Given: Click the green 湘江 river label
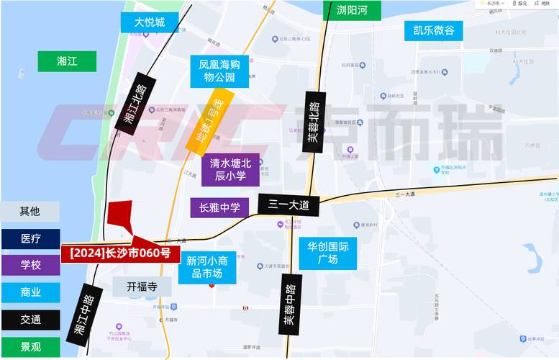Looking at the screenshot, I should (67, 61).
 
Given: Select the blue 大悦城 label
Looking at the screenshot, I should (150, 23).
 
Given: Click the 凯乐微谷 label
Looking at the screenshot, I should (433, 30).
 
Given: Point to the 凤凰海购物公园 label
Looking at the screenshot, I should (219, 70).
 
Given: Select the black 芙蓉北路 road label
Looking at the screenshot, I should (314, 122).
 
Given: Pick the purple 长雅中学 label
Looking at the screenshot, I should (219, 207).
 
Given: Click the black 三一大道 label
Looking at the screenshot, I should (288, 205).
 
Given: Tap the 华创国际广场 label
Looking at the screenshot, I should (327, 253).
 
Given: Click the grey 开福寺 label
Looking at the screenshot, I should (142, 286).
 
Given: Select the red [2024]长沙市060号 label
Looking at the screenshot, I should (120, 253).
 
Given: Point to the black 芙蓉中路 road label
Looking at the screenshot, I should (289, 305).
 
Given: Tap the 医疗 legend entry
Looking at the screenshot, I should (30, 238).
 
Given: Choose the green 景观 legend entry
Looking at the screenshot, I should (30, 347).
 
